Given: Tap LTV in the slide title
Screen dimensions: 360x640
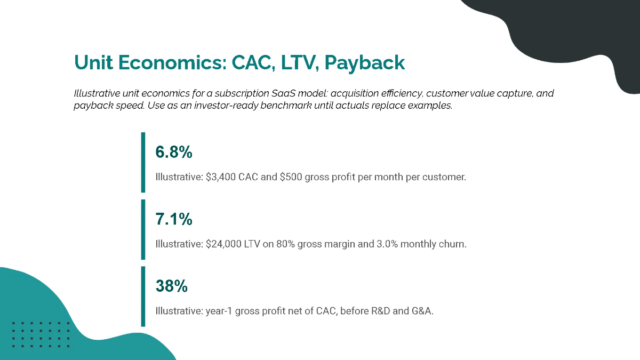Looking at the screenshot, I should point(298,63).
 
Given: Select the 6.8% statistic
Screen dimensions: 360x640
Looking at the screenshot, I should point(173,153).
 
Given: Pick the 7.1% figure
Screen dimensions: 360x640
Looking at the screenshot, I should point(173,219).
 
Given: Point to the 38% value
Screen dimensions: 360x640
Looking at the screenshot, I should point(171,286).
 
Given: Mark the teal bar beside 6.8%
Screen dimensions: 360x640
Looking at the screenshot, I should point(143,162).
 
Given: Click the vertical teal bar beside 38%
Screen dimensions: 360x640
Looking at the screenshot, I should point(143,296).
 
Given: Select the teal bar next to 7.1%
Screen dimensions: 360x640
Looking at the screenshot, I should point(143,229).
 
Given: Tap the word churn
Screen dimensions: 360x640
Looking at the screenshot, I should point(453,244).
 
